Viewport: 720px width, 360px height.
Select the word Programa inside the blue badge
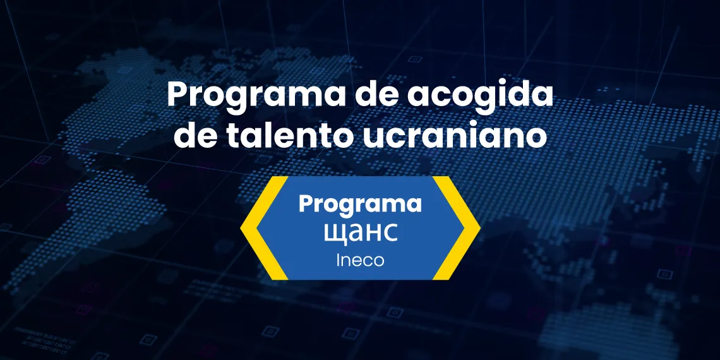tap(359, 205)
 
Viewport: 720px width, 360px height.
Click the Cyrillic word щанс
tap(360, 232)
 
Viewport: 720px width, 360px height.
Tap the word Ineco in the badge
tap(360, 260)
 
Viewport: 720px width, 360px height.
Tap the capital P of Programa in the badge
tap(306, 205)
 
